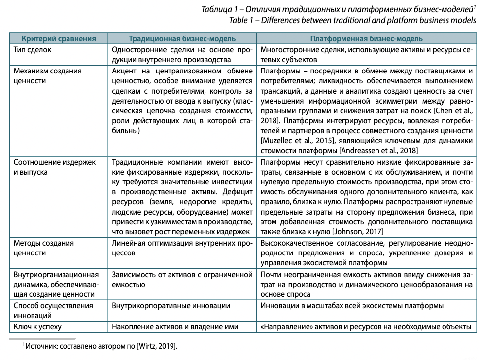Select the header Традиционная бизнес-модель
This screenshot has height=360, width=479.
182,39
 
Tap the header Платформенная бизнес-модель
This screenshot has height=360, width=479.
366,39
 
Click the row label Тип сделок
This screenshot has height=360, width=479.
32,50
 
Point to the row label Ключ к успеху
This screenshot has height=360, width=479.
38,326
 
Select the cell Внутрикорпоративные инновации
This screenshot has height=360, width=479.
171,306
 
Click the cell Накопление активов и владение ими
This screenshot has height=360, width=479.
175,326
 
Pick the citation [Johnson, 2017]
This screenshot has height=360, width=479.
358,232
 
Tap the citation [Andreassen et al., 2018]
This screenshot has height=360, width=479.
379,150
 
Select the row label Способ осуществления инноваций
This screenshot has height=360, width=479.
53,311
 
